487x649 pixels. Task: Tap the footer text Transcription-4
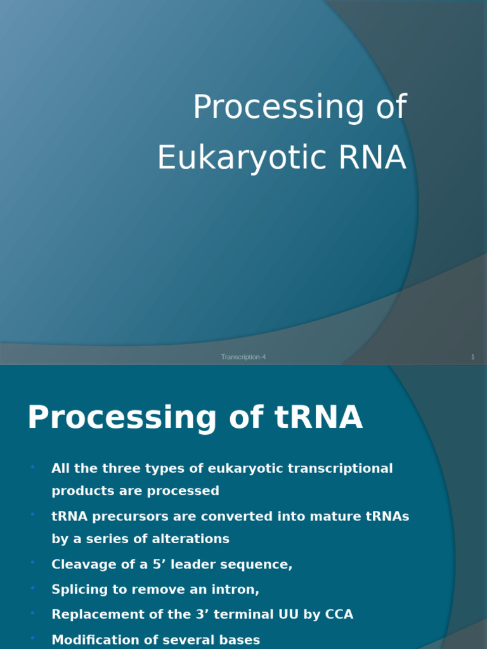point(243,357)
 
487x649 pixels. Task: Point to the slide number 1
point(472,357)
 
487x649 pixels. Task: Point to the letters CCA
point(337,614)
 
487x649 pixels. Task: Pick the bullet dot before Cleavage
point(32,562)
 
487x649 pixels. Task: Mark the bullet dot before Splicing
point(32,588)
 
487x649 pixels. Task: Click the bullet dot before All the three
point(32,467)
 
